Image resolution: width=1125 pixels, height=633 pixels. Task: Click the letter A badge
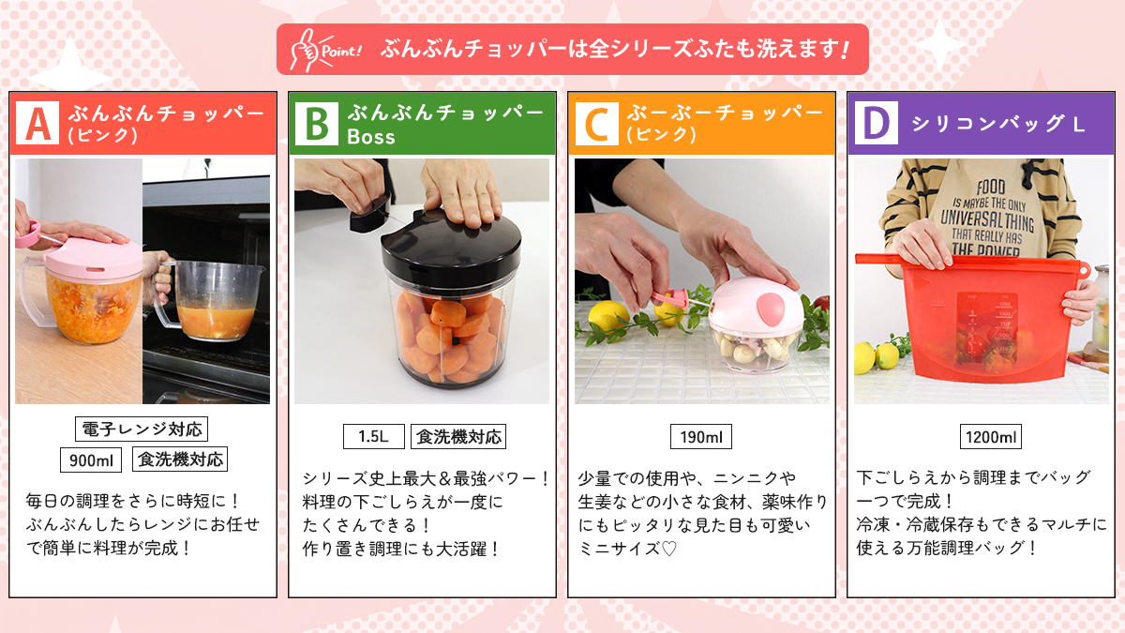click(38, 124)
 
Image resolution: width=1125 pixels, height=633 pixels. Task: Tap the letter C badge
click(596, 124)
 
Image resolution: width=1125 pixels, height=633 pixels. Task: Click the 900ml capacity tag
click(92, 460)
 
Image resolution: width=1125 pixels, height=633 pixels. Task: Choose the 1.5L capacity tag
click(373, 436)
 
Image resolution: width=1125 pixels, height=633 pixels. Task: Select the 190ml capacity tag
click(701, 437)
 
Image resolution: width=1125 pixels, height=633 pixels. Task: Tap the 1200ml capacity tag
click(991, 437)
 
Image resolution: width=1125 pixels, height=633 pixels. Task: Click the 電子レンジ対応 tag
click(141, 430)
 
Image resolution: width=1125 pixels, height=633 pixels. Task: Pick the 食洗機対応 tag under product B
click(458, 436)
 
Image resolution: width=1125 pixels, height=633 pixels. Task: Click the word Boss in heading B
click(371, 137)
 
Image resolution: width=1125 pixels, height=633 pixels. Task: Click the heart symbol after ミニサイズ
click(668, 549)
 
